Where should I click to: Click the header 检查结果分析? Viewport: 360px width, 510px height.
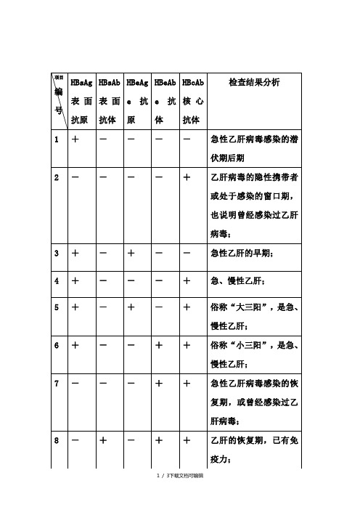(x=254, y=85)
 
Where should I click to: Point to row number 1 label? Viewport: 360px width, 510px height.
(x=57, y=140)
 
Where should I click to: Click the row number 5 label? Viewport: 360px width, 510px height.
(x=57, y=307)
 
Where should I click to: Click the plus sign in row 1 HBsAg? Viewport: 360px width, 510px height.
(x=75, y=140)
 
